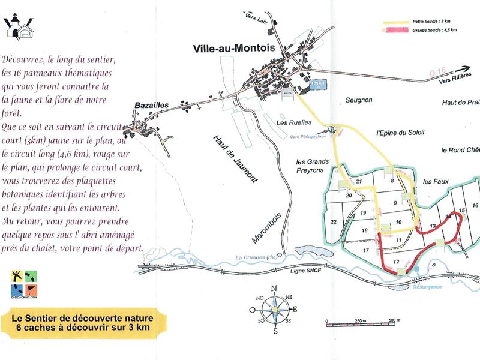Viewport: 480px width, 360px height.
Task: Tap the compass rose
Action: tap(274, 310)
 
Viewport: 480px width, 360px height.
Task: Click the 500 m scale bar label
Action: tap(393, 320)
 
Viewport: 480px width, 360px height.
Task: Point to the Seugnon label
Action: tap(359, 100)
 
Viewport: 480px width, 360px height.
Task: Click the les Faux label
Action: tap(436, 181)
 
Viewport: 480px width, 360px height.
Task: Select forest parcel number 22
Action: tap(334, 222)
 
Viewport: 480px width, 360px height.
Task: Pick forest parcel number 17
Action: tap(365, 250)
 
